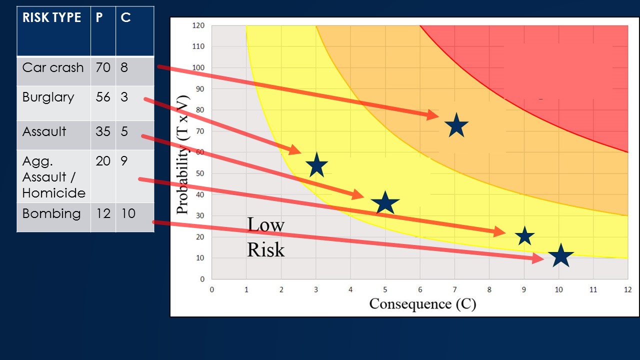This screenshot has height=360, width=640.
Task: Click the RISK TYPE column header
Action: (51, 18)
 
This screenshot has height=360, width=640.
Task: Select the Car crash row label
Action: (53, 67)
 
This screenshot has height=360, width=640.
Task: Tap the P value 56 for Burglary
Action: (102, 97)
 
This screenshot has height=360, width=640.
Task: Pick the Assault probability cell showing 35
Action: (102, 131)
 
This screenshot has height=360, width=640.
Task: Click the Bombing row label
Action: (51, 213)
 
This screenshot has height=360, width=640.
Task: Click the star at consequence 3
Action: (316, 165)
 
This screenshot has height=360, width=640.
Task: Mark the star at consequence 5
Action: (385, 203)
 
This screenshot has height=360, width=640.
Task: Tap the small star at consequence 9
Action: (524, 235)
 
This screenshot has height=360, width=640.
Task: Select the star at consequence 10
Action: (560, 256)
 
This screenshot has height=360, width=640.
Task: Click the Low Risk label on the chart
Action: (265, 237)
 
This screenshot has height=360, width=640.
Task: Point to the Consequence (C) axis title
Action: (422, 303)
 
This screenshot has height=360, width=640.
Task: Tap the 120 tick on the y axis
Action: (198, 25)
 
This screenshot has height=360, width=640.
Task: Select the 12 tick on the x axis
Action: (627, 289)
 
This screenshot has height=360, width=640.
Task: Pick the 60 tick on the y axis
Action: (200, 152)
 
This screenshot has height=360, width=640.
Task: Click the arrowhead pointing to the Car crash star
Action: (433, 115)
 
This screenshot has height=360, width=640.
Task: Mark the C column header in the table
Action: (126, 18)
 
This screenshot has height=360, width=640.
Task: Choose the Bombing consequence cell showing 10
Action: (128, 213)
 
